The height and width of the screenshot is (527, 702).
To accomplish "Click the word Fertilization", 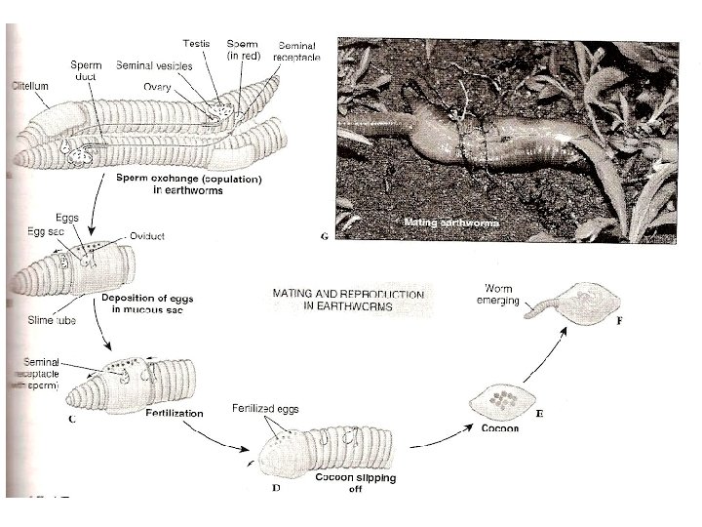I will (x=175, y=413).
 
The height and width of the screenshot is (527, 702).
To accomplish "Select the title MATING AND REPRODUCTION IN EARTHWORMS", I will (x=348, y=300).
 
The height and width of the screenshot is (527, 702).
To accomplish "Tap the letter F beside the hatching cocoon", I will (x=618, y=321).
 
